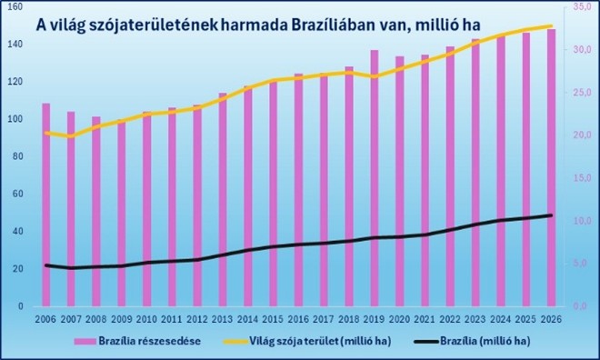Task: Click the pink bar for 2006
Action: pos(46,205)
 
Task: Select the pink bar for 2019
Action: pos(375,178)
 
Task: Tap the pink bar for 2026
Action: pos(551,167)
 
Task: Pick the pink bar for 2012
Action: pos(197,205)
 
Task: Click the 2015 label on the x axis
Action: pos(273,319)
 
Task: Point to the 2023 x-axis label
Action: pos(475,319)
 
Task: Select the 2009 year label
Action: pos(121,319)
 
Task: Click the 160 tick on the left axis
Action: pos(15,7)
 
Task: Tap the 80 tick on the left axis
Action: pos(17,156)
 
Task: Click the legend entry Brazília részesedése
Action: pos(137,341)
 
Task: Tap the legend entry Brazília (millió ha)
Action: pos(473,341)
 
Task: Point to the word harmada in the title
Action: pos(256,25)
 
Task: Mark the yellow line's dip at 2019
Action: pos(375,76)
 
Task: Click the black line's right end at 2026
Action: pos(551,215)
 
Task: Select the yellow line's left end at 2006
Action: pos(46,133)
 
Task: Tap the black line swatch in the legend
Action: pos(426,341)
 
